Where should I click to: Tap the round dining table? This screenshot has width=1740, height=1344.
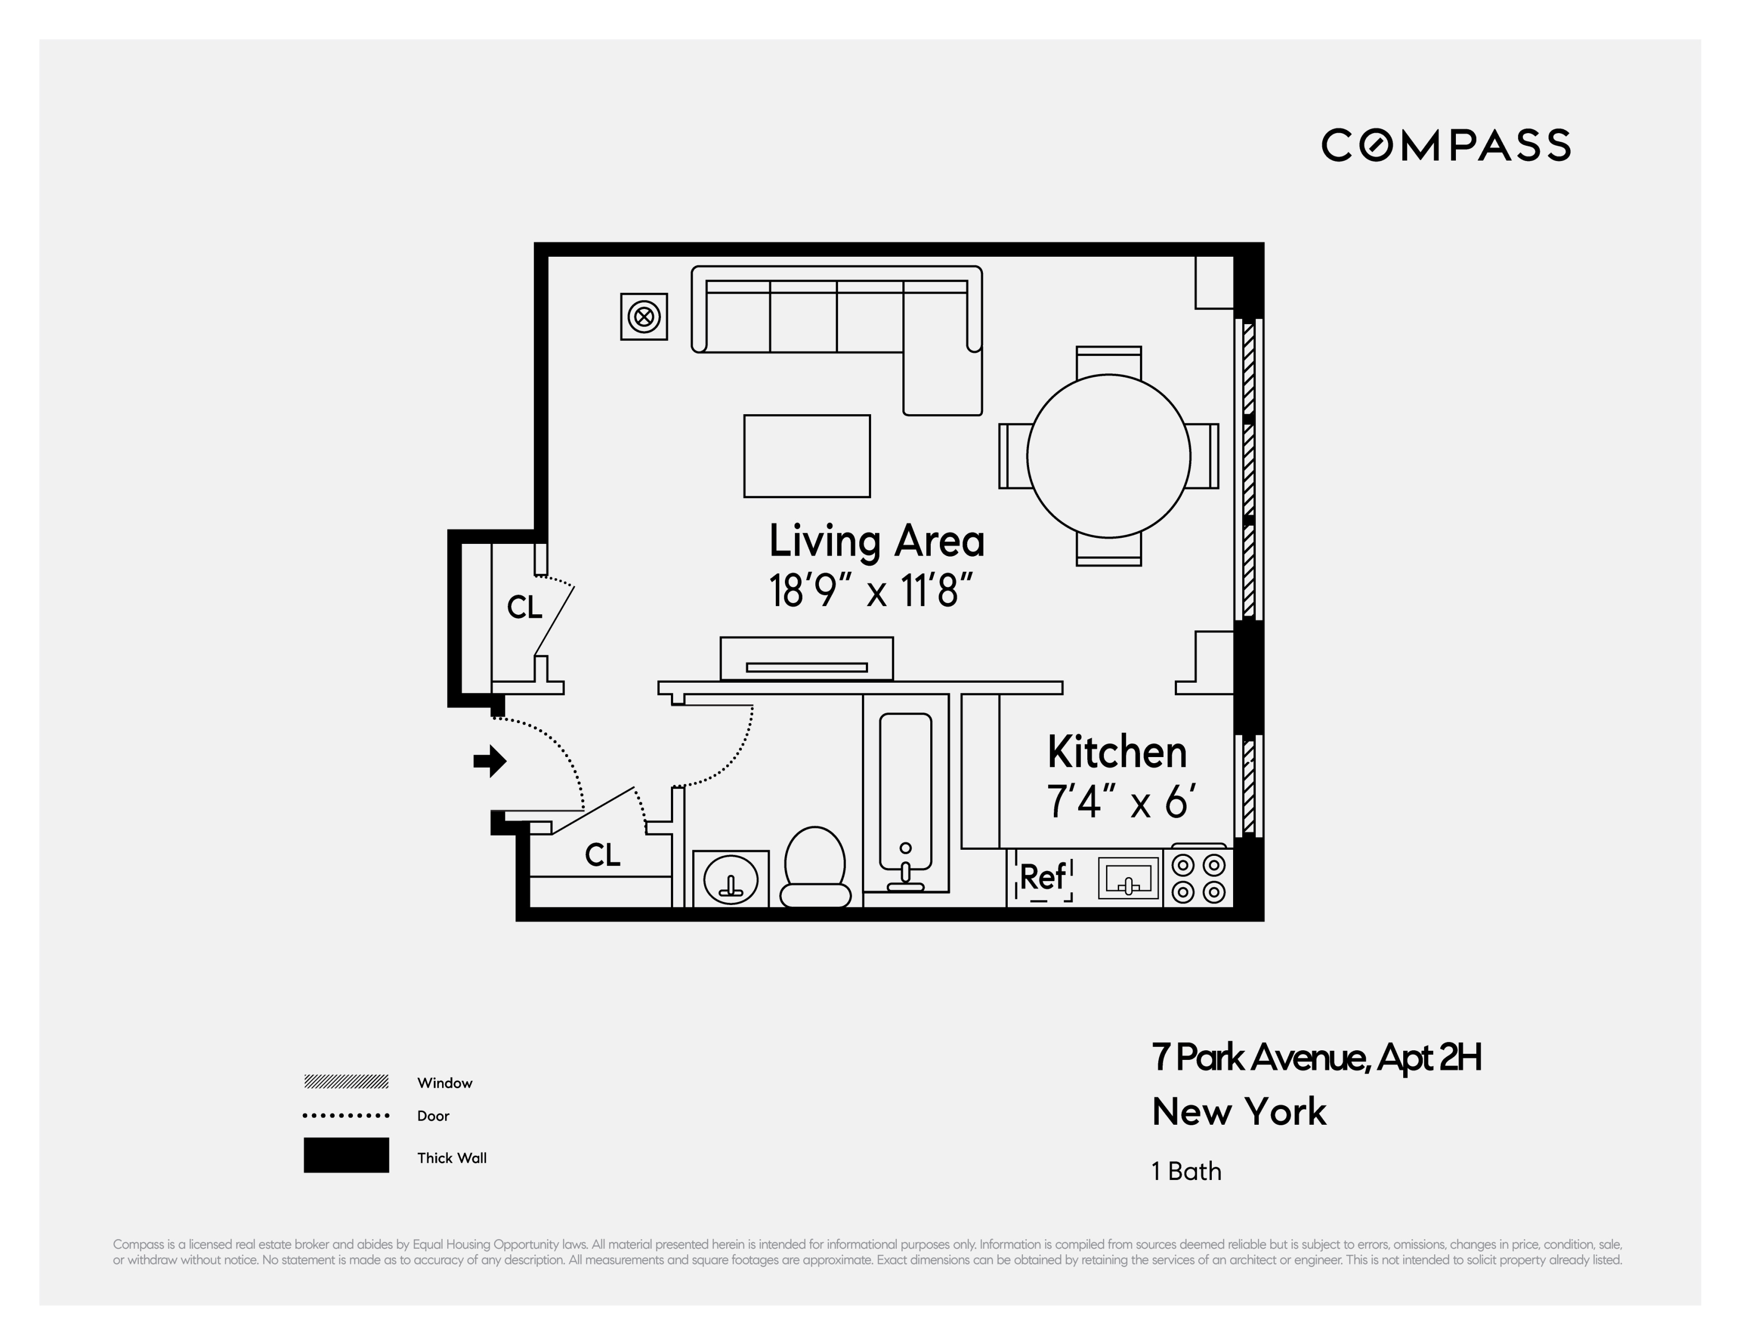click(1108, 456)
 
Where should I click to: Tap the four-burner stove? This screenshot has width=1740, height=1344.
click(1198, 878)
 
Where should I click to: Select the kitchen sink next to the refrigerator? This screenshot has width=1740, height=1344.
click(1128, 878)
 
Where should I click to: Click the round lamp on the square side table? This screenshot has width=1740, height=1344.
click(644, 317)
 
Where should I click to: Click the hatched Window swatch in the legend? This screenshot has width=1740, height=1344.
click(346, 1081)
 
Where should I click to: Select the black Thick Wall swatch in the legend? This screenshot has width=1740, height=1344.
click(346, 1155)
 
